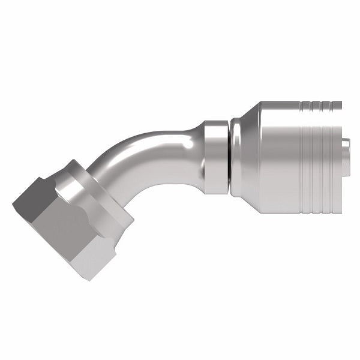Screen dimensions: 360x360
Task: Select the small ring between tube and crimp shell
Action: tap(215, 157)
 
